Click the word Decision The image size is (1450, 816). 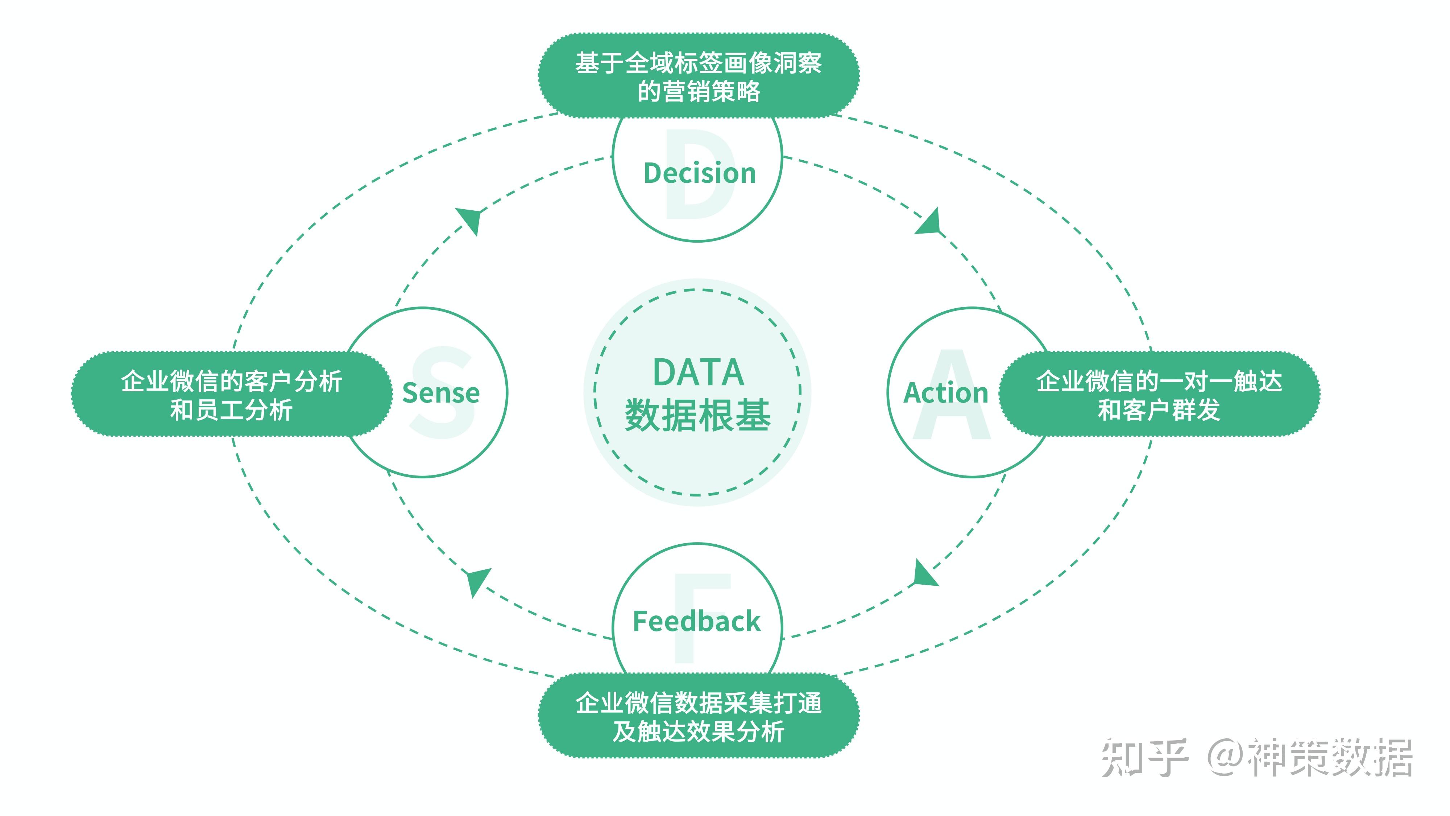[x=699, y=173]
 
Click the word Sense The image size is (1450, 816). [x=441, y=393]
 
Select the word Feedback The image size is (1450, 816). [x=696, y=621]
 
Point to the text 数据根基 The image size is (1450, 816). [x=697, y=416]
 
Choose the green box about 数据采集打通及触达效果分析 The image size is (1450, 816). [x=699, y=716]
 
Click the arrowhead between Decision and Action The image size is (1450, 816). [x=929, y=221]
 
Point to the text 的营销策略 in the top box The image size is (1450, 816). [x=699, y=91]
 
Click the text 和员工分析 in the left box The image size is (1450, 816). [x=231, y=409]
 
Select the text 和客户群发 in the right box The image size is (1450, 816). [x=1159, y=409]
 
